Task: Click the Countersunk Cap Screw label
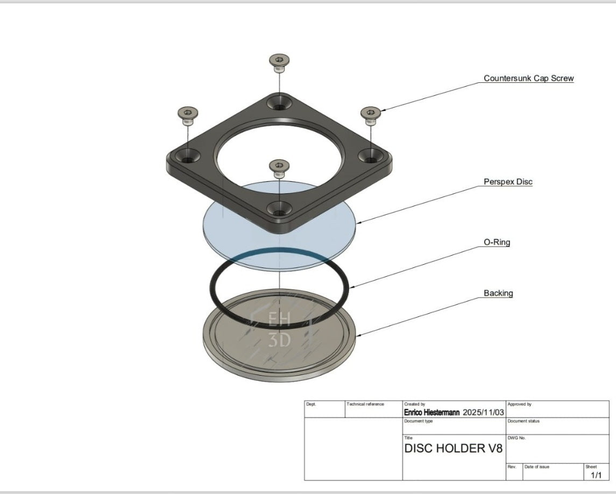coord(528,79)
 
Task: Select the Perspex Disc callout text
coord(507,182)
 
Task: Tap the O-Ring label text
coord(497,242)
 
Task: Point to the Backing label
coord(498,293)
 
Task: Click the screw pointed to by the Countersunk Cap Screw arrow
coord(370,113)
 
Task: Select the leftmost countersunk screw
coord(187,114)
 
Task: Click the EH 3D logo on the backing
coord(279,329)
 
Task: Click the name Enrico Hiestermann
coord(431,413)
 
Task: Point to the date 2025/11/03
coord(483,413)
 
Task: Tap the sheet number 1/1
coord(596,475)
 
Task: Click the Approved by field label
coord(519,404)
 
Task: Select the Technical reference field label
coord(365,404)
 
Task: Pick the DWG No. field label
coord(516,438)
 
